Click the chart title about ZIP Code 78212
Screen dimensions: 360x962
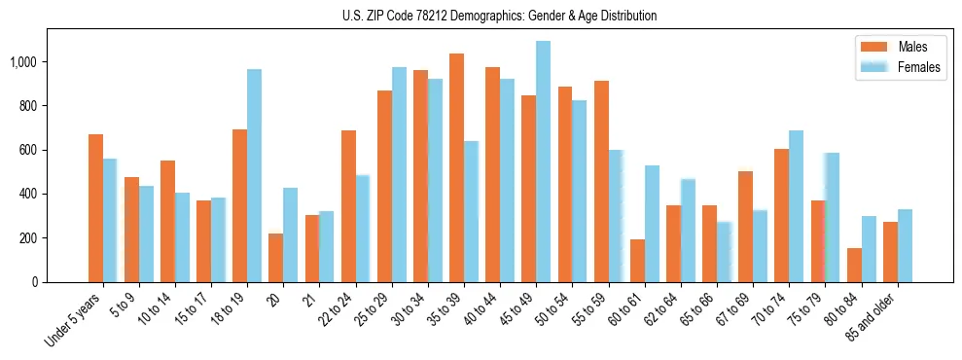tap(499, 16)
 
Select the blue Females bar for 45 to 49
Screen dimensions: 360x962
tap(543, 162)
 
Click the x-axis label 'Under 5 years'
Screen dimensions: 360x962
tap(74, 320)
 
